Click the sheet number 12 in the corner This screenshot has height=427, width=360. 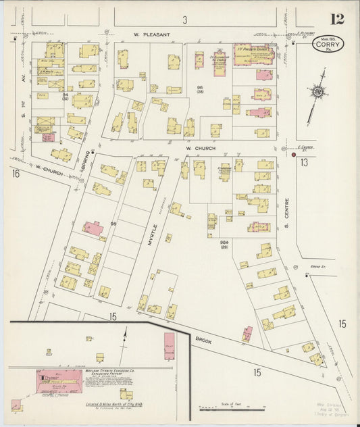[336, 20]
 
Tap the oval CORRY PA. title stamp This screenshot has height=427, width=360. [329, 45]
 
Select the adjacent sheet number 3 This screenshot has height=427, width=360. [184, 18]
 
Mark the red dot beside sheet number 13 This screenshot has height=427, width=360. [294, 155]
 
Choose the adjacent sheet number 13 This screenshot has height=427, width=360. [304, 162]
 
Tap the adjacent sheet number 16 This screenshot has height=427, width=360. [16, 174]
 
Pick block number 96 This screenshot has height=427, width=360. [199, 89]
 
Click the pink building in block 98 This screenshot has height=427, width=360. [93, 228]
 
